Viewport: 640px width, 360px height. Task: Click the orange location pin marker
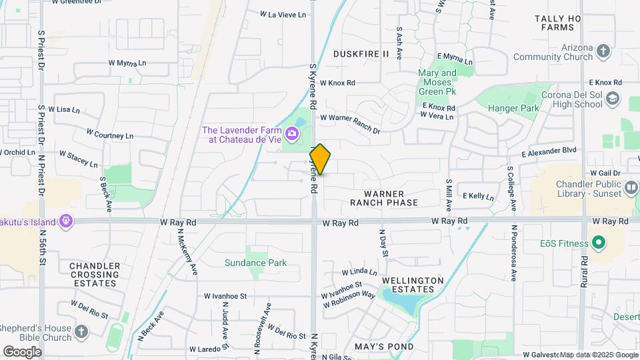pyautogui.click(x=320, y=159)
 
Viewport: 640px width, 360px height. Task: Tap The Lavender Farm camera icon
pyautogui.click(x=292, y=135)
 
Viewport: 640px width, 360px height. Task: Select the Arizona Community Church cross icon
pyautogui.click(x=603, y=51)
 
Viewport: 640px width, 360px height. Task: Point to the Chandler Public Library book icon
pyautogui.click(x=631, y=189)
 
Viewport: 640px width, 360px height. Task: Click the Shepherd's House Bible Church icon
pyautogui.click(x=81, y=331)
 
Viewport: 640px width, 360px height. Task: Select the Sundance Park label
pyautogui.click(x=255, y=263)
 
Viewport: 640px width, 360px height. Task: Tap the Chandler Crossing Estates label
pyautogui.click(x=95, y=274)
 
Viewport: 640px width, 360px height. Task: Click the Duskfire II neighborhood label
pyautogui.click(x=360, y=53)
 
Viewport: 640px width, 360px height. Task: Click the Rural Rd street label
pyautogui.click(x=585, y=270)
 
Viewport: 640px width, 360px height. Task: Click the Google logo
pyautogui.click(x=22, y=351)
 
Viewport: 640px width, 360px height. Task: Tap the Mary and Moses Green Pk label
pyautogui.click(x=437, y=82)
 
